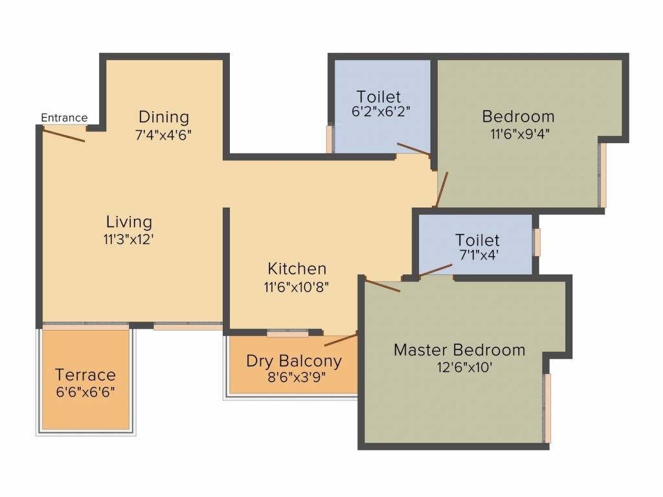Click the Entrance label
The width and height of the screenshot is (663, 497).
pos(64,118)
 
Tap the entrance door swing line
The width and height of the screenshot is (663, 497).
pos(63,135)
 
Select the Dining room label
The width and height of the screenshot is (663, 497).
pos(164,117)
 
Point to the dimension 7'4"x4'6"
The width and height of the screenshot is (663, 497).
pos(164,135)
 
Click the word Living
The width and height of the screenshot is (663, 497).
pos(129,222)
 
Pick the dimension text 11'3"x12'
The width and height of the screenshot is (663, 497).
pos(129,238)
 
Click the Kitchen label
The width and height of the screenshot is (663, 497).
pos(297,269)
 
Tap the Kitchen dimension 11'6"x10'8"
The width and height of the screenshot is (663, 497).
pos(297,287)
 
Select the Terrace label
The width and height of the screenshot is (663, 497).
pos(85,375)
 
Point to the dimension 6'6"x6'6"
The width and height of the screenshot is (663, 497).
pos(85,392)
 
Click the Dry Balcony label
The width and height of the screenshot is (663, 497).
pos(293,360)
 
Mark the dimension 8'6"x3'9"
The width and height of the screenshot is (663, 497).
pos(293,377)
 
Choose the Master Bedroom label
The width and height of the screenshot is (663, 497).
pos(460,350)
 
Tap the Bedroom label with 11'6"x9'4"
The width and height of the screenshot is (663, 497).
pos(518,116)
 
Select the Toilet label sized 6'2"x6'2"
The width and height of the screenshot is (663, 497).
pos(379,98)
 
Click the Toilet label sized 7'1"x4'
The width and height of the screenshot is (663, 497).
pos(477,240)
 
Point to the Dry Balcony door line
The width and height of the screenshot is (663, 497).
pos(341,340)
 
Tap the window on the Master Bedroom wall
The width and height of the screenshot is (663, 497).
pos(547,408)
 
